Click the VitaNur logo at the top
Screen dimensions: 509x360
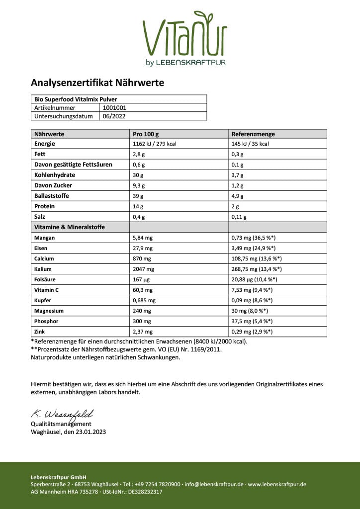[184, 38]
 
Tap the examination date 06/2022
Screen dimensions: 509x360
[114, 116]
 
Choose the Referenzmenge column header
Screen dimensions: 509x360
[253, 134]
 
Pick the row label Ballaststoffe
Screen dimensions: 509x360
[52, 196]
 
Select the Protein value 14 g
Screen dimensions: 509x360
[138, 206]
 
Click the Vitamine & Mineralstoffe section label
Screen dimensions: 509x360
[70, 227]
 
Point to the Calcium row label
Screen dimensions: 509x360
[44, 258]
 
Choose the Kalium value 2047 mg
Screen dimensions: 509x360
[144, 269]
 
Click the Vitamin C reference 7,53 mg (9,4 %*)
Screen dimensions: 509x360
[252, 290]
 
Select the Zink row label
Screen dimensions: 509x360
[40, 332]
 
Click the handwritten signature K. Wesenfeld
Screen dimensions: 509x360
[62, 414]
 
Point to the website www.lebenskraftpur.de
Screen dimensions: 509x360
[277, 484]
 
